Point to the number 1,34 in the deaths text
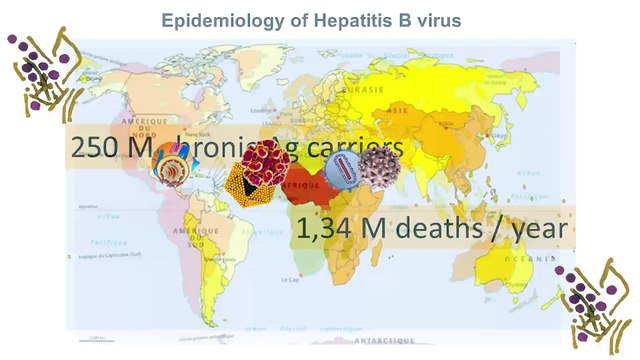322,229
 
